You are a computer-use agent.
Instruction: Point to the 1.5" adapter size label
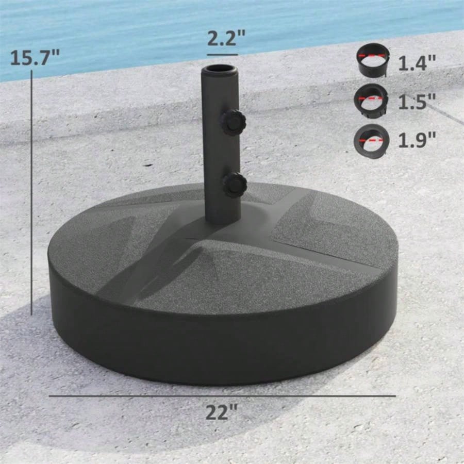(417, 102)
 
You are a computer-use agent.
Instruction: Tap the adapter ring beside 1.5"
(371, 99)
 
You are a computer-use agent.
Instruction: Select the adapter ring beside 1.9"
(371, 138)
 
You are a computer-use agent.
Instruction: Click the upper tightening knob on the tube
(233, 122)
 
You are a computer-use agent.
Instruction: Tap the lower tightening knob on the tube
(235, 184)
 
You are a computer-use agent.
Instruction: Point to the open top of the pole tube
(220, 69)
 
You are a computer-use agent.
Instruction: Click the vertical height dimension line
(32, 196)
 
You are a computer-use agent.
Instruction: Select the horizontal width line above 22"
(222, 396)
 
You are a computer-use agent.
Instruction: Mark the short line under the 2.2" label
(223, 54)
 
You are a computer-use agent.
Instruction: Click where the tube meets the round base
(223, 219)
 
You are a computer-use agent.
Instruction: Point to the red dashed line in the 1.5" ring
(373, 97)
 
